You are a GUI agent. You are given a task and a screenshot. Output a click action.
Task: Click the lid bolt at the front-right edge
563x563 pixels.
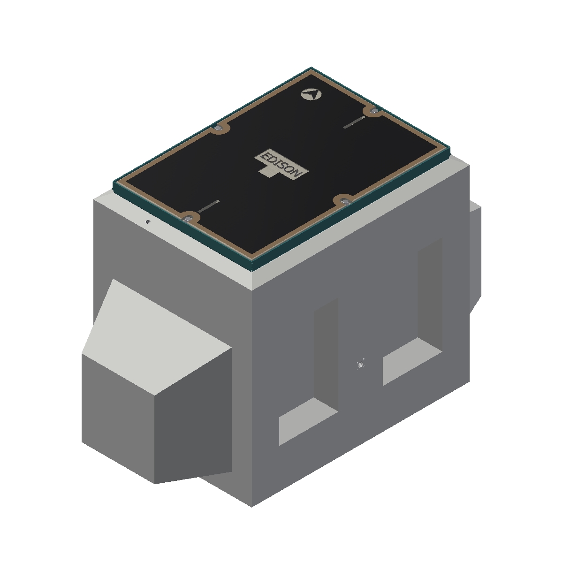(345, 201)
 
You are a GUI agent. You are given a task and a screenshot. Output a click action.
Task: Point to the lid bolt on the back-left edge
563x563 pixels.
(218, 128)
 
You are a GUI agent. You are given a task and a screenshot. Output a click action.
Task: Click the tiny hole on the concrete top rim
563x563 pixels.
(148, 222)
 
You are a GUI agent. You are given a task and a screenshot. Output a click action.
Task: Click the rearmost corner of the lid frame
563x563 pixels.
(311, 68)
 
